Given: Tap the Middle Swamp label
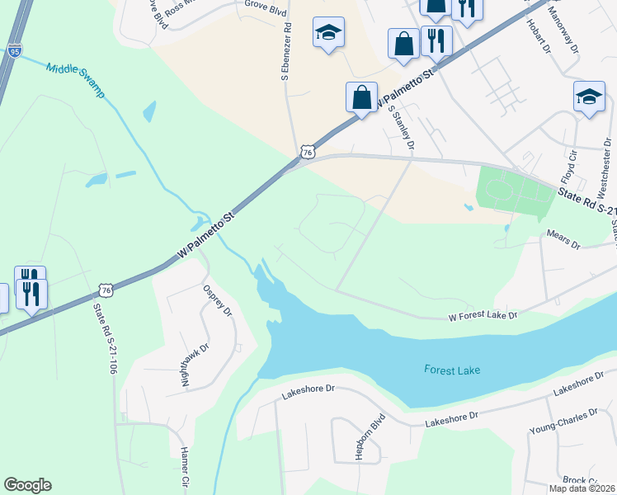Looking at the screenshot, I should [75, 81].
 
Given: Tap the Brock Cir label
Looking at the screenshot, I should [579, 480].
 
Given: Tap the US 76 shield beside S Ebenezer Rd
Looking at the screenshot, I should [308, 152].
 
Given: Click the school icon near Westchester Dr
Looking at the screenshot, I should [589, 97].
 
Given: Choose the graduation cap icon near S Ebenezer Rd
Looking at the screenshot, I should [328, 34].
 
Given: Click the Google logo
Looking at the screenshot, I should [27, 485].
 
